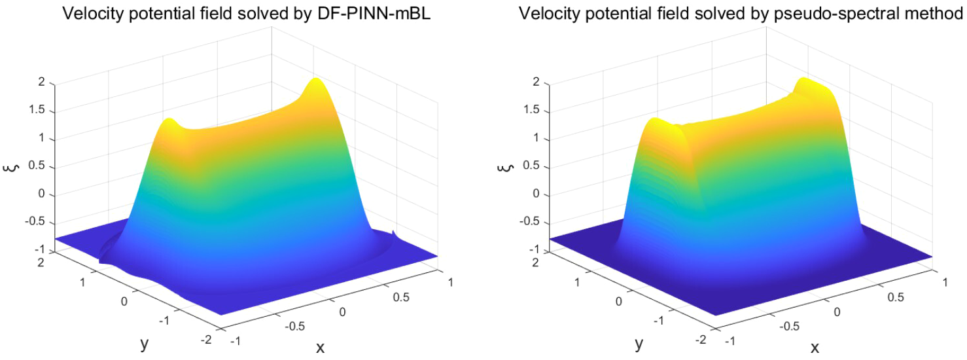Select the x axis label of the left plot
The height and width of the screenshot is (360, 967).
click(x=321, y=347)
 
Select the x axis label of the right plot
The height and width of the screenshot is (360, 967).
click(x=815, y=347)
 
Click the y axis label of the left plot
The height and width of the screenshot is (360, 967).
click(x=144, y=342)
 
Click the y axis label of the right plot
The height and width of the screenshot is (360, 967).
click(x=639, y=342)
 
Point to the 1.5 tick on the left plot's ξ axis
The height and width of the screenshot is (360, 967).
click(x=38, y=111)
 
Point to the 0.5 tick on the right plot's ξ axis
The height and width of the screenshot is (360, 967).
click(x=533, y=166)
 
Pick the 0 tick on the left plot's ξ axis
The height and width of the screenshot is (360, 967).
click(x=42, y=194)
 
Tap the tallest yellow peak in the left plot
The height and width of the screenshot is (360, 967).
click(x=316, y=81)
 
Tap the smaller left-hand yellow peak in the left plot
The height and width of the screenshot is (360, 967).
click(x=169, y=122)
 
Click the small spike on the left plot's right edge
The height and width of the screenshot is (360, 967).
click(x=394, y=234)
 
